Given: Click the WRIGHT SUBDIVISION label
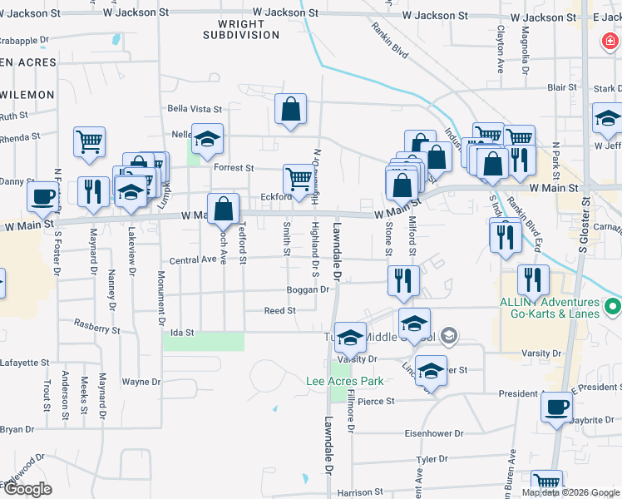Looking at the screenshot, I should [242, 29].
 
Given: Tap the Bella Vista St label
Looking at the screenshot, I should [195, 109].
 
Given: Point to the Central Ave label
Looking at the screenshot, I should [193, 260].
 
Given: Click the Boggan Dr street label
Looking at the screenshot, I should [309, 289].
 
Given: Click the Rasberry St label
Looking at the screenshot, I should [96, 327].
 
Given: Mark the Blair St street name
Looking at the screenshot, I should [561, 87].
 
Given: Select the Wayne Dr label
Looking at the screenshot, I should [141, 383].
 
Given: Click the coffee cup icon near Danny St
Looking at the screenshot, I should [42, 196].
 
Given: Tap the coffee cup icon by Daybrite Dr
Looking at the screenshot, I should [556, 408].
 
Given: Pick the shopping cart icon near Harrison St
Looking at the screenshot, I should [546, 483].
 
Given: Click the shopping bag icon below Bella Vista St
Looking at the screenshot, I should [290, 109].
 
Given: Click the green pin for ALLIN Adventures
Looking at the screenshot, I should [614, 309].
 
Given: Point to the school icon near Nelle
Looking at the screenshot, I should [207, 140].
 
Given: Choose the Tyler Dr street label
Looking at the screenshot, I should [432, 458].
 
